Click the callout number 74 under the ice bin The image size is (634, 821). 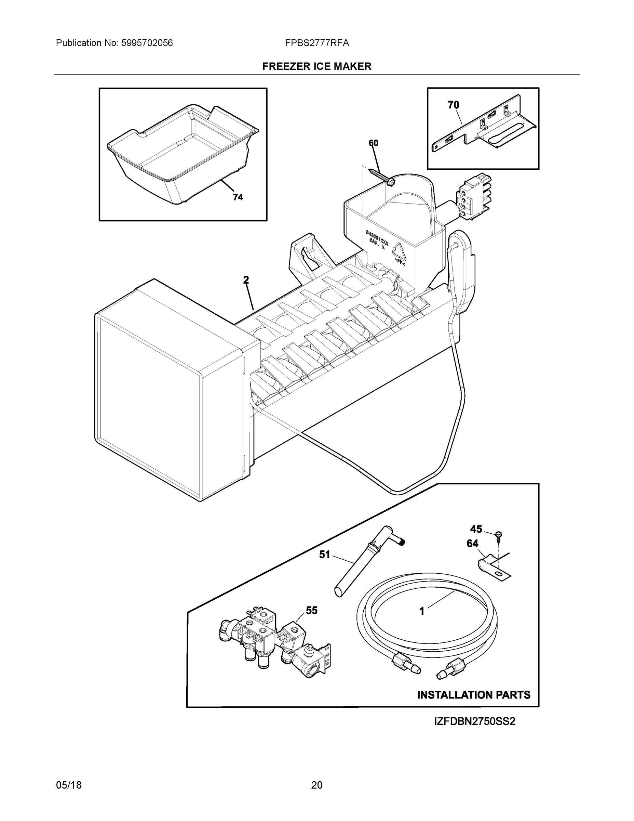pyautogui.click(x=238, y=197)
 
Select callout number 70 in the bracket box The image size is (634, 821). pyautogui.click(x=453, y=105)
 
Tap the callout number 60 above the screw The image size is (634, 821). pyautogui.click(x=373, y=143)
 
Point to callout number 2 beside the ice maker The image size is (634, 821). pyautogui.click(x=246, y=280)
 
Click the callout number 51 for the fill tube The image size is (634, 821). pyautogui.click(x=324, y=554)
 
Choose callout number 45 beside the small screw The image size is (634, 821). pyautogui.click(x=476, y=529)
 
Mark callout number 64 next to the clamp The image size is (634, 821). pyautogui.click(x=472, y=543)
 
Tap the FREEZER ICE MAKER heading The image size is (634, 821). pyautogui.click(x=316, y=67)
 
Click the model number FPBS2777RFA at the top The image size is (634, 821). pyautogui.click(x=316, y=43)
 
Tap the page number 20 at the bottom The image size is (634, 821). pyautogui.click(x=316, y=785)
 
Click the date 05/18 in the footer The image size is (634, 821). pyautogui.click(x=69, y=785)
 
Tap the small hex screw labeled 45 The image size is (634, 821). pyautogui.click(x=499, y=535)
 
